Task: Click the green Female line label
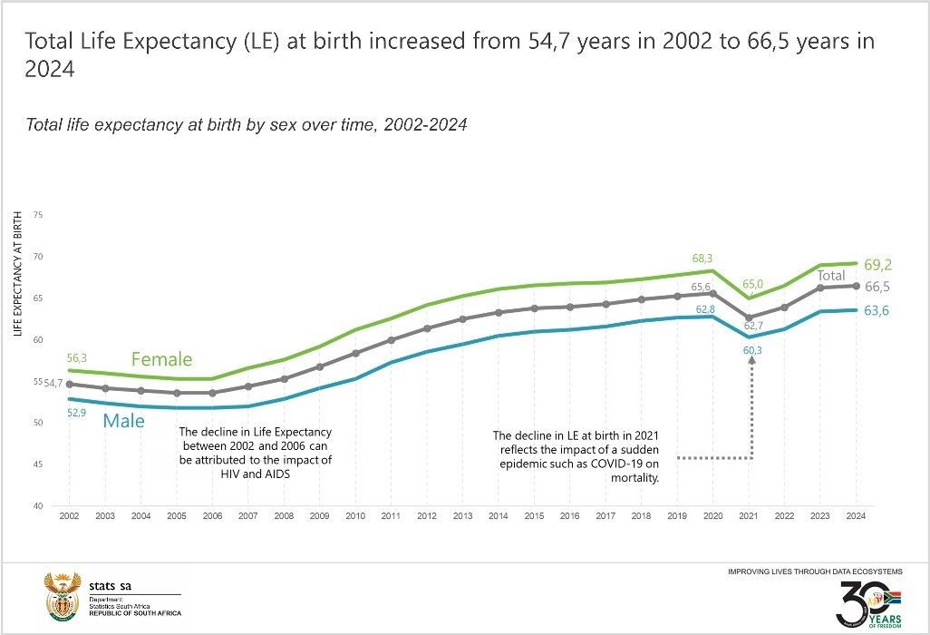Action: click(161, 359)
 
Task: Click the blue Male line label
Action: click(123, 421)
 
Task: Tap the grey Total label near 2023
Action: click(831, 276)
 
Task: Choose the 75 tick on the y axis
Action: click(38, 215)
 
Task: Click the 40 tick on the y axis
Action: click(38, 505)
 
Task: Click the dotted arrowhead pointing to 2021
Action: click(751, 361)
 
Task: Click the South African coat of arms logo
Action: click(62, 595)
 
